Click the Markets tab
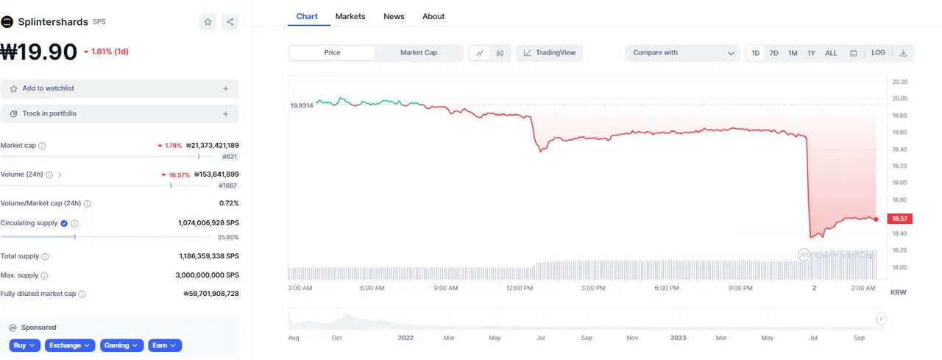click(x=350, y=16)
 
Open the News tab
click(x=394, y=16)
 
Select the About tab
click(x=433, y=16)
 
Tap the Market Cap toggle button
click(x=419, y=53)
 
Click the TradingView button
click(x=550, y=53)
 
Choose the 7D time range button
click(x=774, y=53)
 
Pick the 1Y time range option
click(x=811, y=53)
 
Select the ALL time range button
click(x=831, y=53)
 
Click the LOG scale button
click(x=878, y=53)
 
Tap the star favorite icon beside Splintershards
click(x=208, y=22)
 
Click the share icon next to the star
click(x=230, y=22)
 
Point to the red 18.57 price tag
click(x=901, y=219)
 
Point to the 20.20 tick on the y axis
click(x=899, y=82)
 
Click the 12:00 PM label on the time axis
click(x=520, y=289)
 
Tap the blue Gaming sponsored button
click(x=121, y=345)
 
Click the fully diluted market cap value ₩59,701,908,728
click(x=210, y=294)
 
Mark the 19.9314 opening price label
click(x=302, y=106)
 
